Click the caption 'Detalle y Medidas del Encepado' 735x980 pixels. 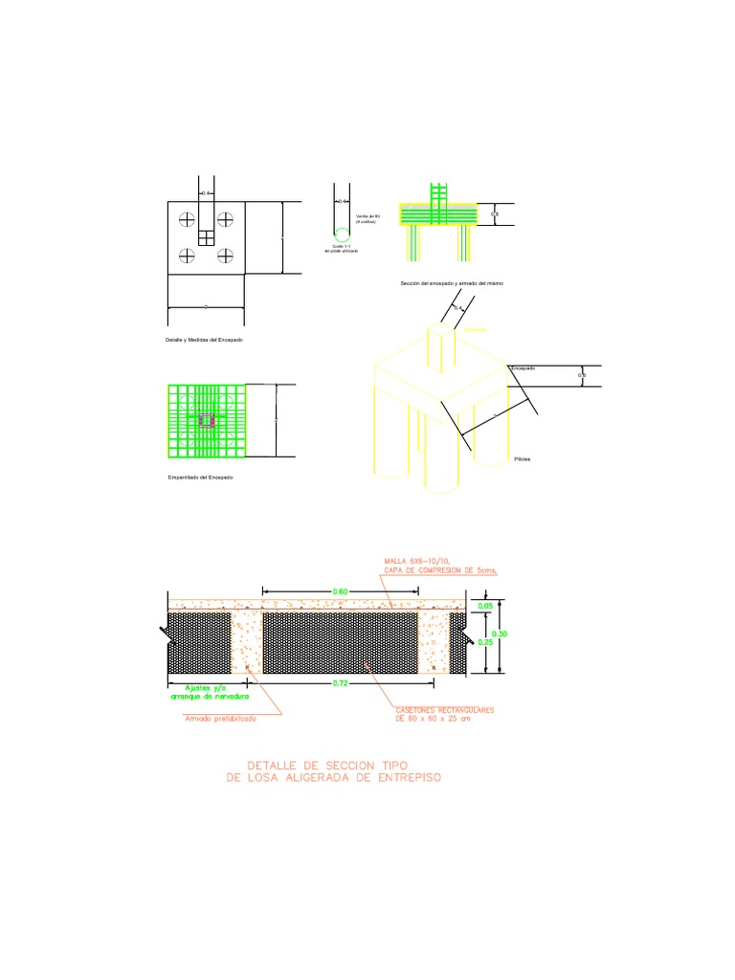pyautogui.click(x=204, y=340)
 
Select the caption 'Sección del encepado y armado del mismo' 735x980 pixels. pyautogui.click(x=452, y=284)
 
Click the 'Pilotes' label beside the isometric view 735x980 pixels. pyautogui.click(x=522, y=459)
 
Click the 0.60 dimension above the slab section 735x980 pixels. pyautogui.click(x=340, y=591)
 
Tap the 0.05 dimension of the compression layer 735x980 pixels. pyautogui.click(x=485, y=606)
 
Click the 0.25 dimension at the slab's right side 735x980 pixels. pyautogui.click(x=485, y=642)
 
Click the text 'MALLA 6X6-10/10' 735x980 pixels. pyautogui.click(x=416, y=560)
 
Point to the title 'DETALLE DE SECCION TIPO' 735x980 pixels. pyautogui.click(x=327, y=766)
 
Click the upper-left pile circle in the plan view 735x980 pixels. pyautogui.click(x=186, y=219)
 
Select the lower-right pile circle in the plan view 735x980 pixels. pyautogui.click(x=226, y=255)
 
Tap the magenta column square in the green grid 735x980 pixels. pyautogui.click(x=206, y=420)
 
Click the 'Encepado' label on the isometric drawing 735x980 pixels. pyautogui.click(x=523, y=367)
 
